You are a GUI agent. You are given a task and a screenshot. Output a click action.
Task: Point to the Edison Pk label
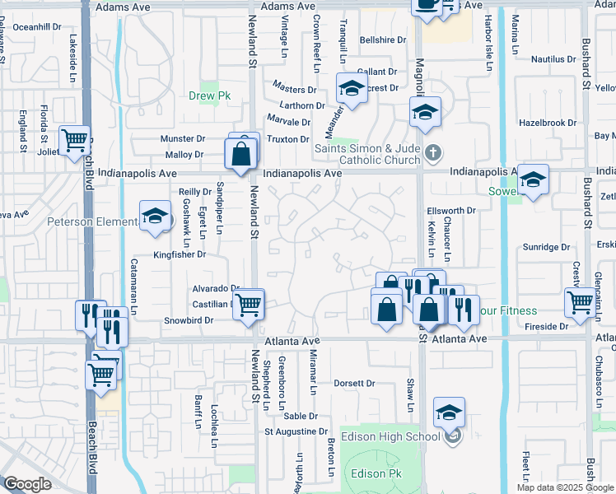[x=375, y=473]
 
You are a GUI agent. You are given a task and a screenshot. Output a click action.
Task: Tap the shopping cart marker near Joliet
[x=75, y=142]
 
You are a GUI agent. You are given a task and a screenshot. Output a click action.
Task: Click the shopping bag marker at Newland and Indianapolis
[x=240, y=154]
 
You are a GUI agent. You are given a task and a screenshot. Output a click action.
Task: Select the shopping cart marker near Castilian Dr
[x=249, y=305]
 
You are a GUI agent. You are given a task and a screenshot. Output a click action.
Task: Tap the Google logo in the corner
[x=27, y=484]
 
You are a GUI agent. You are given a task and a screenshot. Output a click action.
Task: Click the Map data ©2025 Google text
[x=565, y=487]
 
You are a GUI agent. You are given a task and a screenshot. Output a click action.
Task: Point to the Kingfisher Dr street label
[x=179, y=255]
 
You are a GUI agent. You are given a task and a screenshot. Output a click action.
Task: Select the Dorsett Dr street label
[x=354, y=383]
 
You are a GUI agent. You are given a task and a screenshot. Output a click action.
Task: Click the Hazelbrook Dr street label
[x=548, y=123]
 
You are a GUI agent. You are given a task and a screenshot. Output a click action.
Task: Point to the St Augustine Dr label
[x=296, y=431]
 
